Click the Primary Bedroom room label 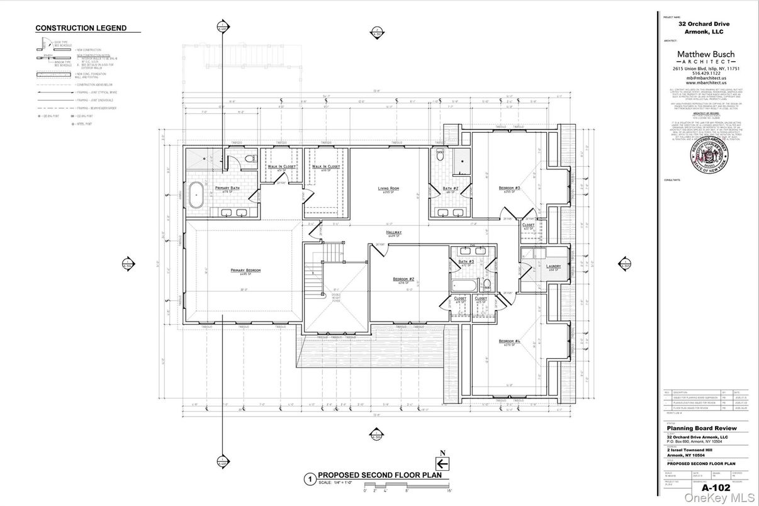(245, 271)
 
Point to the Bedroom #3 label (509, 188)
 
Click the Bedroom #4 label (509, 341)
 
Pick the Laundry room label (554, 266)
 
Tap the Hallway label (394, 232)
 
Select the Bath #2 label (449, 188)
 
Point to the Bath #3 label (466, 261)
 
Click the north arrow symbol (442, 463)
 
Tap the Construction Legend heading (81, 28)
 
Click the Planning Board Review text (701, 429)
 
